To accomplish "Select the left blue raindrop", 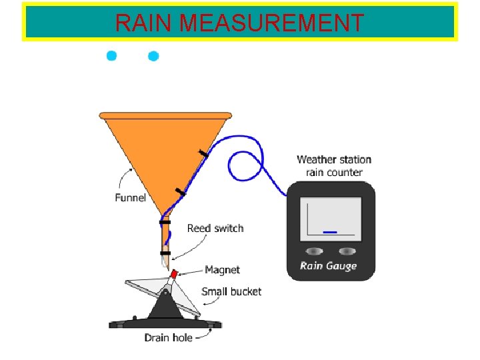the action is (112, 55).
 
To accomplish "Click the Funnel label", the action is (130, 198).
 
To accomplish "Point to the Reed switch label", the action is (215, 229).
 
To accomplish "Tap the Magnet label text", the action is (222, 270).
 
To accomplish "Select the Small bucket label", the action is (231, 291).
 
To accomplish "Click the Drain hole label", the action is (168, 337).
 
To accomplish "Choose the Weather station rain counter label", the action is (333, 166).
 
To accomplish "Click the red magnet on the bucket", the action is (175, 274).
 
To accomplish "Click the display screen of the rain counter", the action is (331, 219).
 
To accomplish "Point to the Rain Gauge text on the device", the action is (329, 266).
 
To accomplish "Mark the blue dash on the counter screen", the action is (329, 232).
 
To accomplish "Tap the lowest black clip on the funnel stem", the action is (165, 253).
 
